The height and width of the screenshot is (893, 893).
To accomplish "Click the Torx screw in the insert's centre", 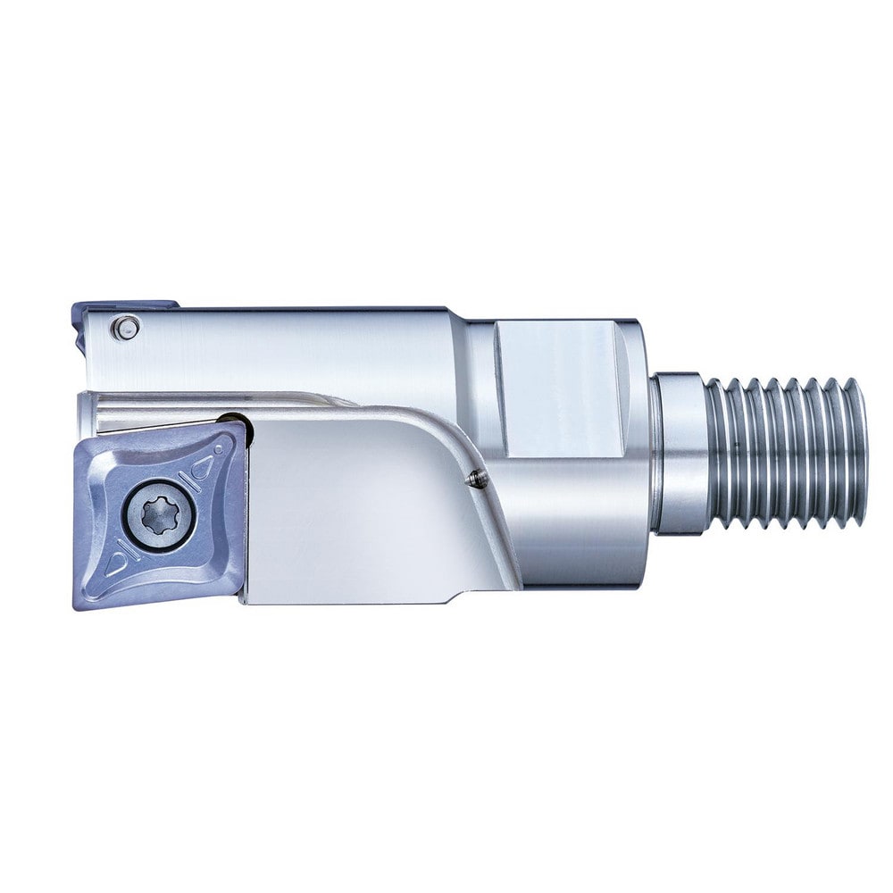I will point(160,514).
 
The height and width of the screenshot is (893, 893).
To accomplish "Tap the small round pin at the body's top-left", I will point(126,329).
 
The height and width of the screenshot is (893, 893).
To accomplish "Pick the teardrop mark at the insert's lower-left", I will point(116,564).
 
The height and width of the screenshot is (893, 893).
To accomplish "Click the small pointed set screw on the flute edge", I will point(478,480).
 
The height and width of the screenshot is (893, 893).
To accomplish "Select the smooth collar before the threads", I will point(680,453).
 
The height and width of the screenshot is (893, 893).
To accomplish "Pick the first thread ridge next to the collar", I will point(714,453).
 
